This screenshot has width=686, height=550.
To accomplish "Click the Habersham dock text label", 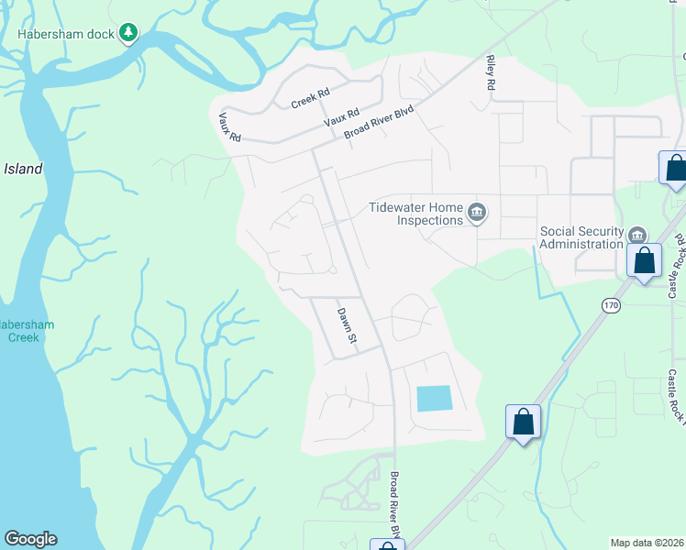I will click(x=68, y=34).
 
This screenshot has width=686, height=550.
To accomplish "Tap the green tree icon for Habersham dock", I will click(x=129, y=34).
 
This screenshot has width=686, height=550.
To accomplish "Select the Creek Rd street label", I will click(x=310, y=99).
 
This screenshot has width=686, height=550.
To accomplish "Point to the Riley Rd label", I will click(x=491, y=71).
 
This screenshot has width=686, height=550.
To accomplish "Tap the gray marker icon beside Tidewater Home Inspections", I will click(x=477, y=214).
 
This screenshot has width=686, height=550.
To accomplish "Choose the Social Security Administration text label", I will click(x=581, y=237).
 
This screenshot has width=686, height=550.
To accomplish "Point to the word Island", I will click(x=23, y=170).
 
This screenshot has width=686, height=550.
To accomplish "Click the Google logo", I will click(x=30, y=539).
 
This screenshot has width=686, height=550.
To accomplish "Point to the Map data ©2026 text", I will click(x=647, y=543).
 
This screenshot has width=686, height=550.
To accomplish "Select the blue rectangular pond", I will click(x=434, y=398).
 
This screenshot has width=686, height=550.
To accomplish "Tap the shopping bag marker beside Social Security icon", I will click(x=645, y=260).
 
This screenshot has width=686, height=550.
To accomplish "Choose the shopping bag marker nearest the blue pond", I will click(x=523, y=423).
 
